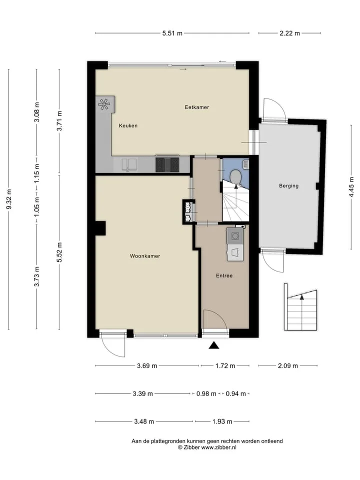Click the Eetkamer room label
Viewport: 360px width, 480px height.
pos(196,107)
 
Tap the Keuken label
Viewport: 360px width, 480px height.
pos(128,125)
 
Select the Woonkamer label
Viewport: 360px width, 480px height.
pos(145,256)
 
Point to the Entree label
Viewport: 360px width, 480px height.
pos(224,275)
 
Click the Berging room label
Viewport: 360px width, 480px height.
pos(288,185)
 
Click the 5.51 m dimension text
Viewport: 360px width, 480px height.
pos(172,33)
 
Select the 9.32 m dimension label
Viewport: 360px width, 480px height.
pos(9,199)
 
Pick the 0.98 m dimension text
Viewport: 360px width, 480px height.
pos(206,393)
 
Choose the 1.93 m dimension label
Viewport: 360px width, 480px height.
pos(222,421)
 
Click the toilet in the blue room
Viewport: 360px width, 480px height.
pos(235,176)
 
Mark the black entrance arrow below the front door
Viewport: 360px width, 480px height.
pos(214,345)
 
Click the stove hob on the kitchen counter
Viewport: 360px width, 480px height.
pos(167,164)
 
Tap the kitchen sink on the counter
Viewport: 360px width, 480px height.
pos(129,164)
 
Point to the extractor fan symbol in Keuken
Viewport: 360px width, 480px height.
pos(104,104)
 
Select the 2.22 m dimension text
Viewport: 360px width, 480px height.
pos(289,33)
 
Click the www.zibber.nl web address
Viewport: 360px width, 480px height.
pos(218,447)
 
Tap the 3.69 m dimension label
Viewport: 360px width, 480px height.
pos(147,366)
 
